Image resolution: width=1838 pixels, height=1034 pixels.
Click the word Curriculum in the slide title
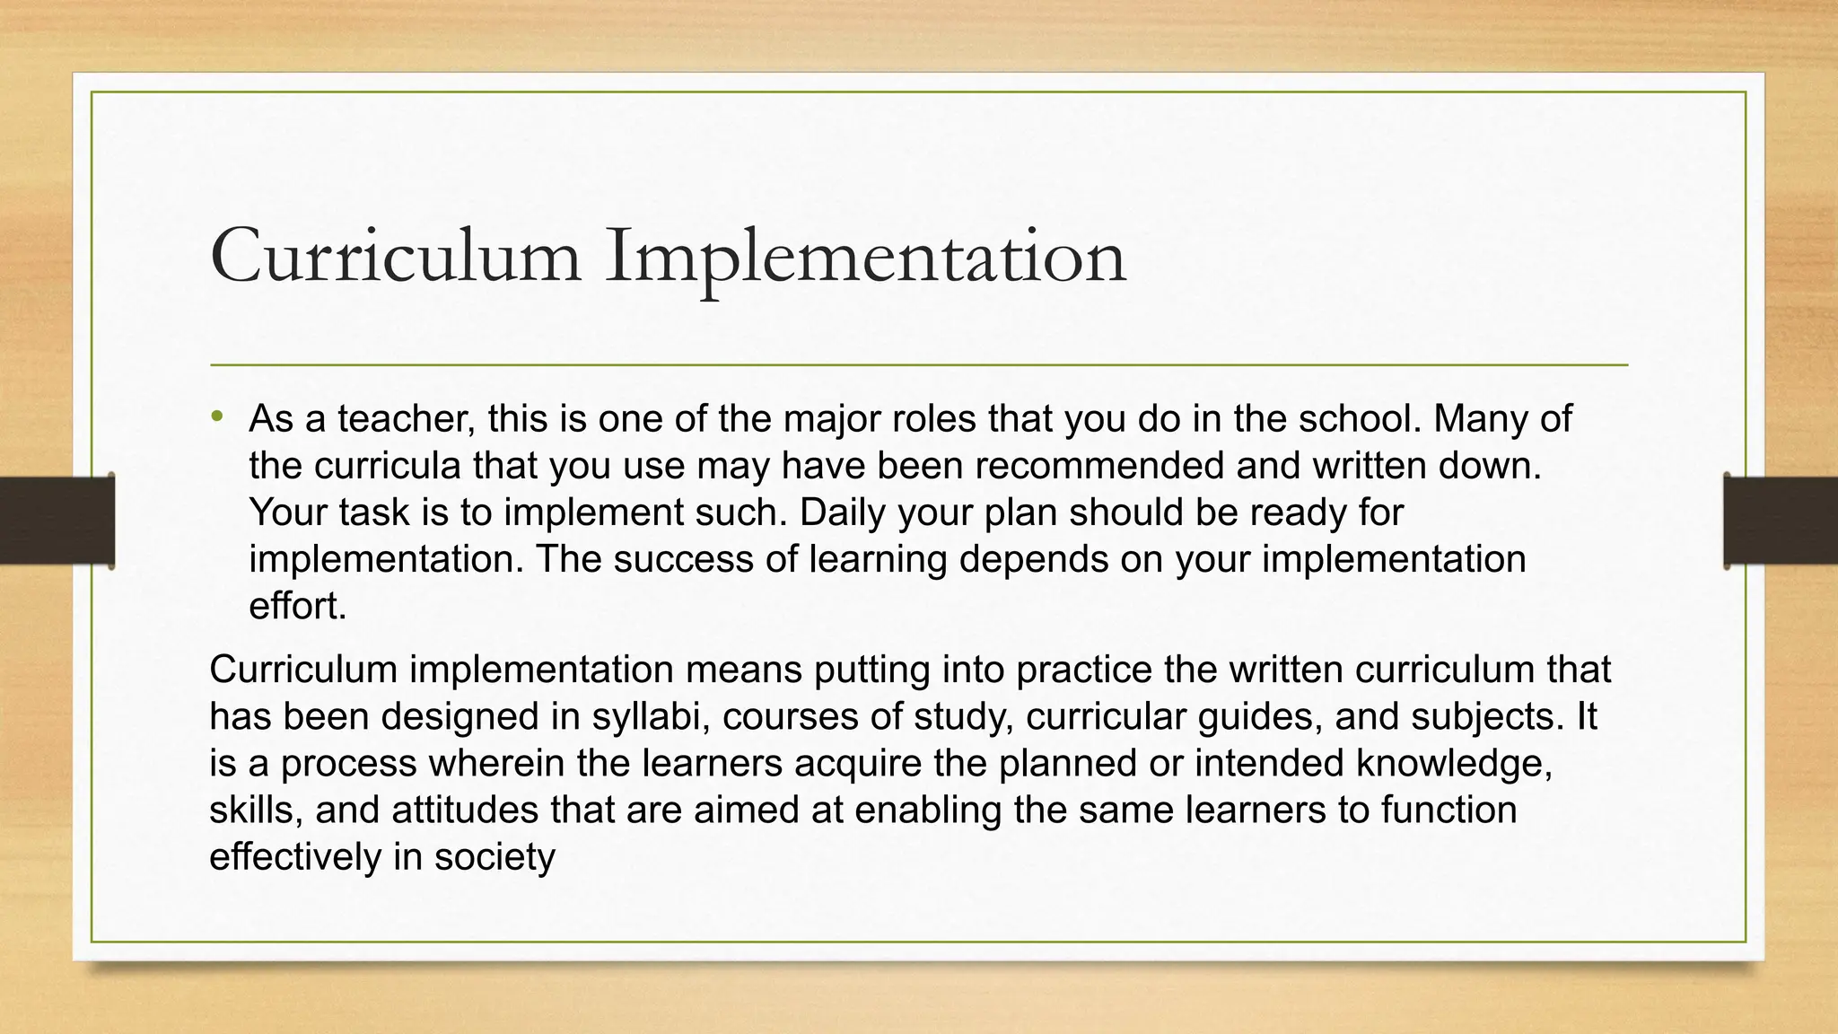[x=395, y=257]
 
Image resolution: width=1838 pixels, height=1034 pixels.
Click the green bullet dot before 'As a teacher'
[x=216, y=416]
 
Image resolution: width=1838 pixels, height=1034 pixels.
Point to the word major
[x=831, y=419]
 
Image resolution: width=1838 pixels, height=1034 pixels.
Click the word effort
[x=296, y=606]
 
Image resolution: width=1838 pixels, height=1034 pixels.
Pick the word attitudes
[x=464, y=810]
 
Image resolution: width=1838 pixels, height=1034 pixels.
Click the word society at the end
[x=495, y=856]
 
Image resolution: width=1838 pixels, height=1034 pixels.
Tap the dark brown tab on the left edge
[x=57, y=521]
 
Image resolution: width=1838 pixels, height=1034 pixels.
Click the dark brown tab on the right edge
[x=1781, y=521]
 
